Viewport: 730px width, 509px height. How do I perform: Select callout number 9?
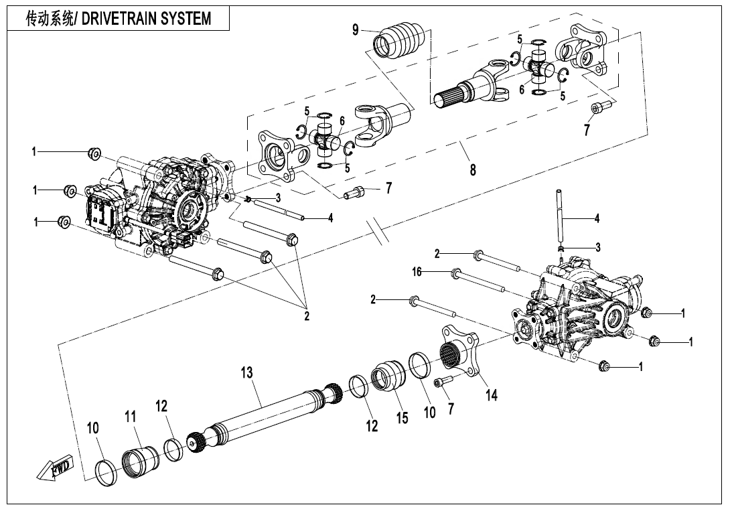coord(356,30)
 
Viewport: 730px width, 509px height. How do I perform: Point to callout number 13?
coord(247,373)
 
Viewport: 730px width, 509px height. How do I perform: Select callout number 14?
coord(492,395)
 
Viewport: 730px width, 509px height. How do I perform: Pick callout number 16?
coord(417,272)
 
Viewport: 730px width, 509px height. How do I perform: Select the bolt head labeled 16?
coord(455,273)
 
